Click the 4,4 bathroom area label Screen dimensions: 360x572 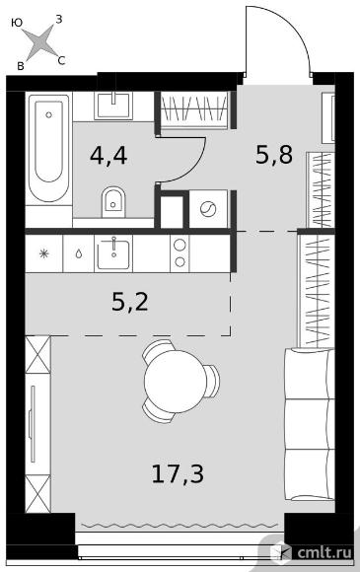coord(108,157)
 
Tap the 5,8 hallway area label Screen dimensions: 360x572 coord(274,154)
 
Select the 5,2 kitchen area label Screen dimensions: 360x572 coord(130,302)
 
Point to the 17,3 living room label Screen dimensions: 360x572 coord(178,473)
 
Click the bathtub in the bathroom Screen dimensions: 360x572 coord(48,148)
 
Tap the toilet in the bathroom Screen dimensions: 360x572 coord(113,202)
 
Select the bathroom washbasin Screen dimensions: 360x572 coord(113,106)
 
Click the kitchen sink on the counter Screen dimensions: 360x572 coord(113,253)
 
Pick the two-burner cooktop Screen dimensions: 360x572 coord(180,253)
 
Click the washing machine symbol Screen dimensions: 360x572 coord(208,209)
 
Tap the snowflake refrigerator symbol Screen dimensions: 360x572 coord(43,253)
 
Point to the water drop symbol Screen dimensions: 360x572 coord(79,253)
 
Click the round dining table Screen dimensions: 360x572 coord(176,381)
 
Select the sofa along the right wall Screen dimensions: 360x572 coord(309,424)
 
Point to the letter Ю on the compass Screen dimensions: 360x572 coord(17,23)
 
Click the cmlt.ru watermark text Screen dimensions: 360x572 coord(324,552)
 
